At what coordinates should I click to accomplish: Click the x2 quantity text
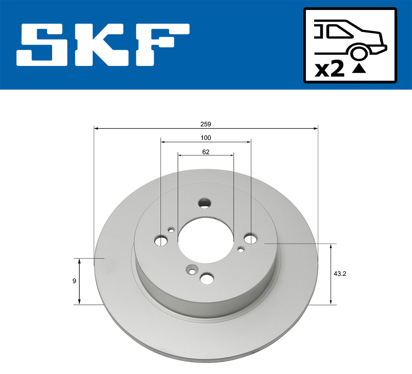point(330,70)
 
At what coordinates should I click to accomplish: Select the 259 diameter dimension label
point(206,124)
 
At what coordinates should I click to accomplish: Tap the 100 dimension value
point(206,138)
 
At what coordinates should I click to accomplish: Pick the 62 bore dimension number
point(206,152)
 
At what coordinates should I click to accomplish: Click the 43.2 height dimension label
point(340,274)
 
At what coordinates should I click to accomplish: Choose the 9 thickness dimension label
point(74,281)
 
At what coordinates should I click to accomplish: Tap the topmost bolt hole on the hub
point(205,203)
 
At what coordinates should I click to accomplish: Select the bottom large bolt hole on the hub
point(207,279)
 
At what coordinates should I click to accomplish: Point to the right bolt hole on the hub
point(251,238)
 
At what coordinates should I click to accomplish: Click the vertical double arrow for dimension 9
point(79,281)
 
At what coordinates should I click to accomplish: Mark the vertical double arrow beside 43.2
point(331,274)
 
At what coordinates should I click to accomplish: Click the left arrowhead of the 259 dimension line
point(96,128)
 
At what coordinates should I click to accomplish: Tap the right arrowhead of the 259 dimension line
point(316,128)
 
